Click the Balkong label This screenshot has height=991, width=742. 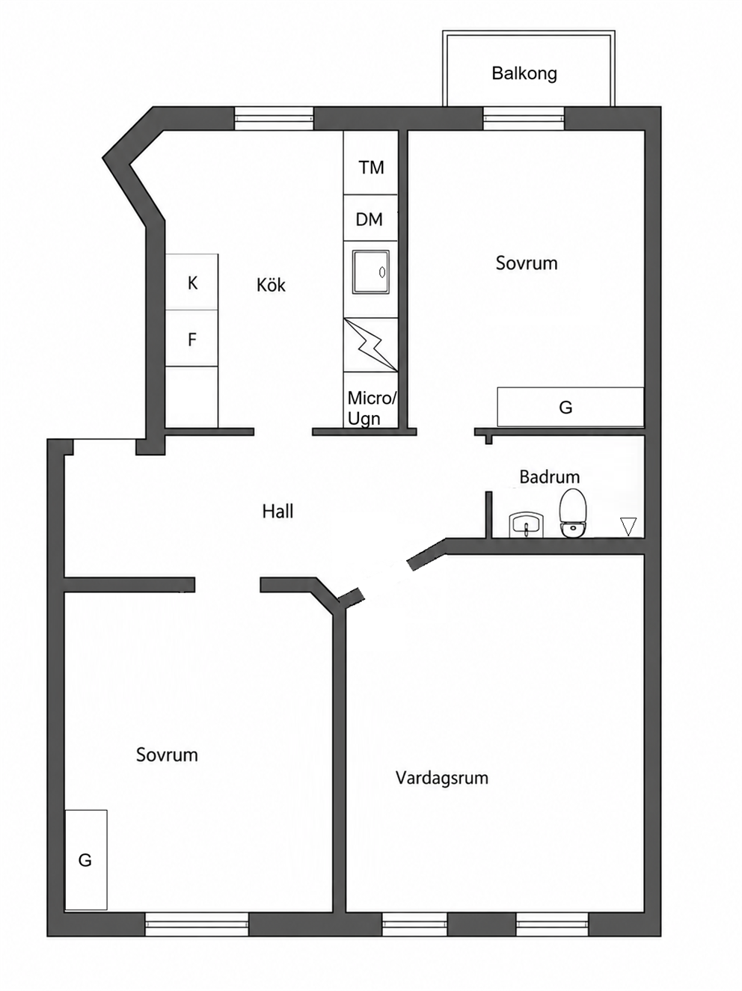(524, 73)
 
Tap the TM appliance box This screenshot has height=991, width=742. (370, 162)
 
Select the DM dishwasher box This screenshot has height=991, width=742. (370, 218)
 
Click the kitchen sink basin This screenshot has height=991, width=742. (371, 272)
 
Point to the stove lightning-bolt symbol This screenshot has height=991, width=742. (371, 346)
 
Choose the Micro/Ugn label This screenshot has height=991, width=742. (372, 408)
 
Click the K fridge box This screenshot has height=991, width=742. (191, 282)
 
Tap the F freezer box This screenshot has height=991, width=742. (191, 338)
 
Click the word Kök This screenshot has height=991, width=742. (271, 285)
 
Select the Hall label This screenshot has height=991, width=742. (278, 512)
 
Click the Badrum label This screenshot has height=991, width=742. (549, 476)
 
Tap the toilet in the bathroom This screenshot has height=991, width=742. (573, 512)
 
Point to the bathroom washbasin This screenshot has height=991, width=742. (527, 524)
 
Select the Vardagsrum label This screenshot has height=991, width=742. (442, 778)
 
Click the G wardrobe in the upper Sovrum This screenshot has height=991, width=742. (571, 406)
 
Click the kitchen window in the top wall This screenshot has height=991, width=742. (275, 118)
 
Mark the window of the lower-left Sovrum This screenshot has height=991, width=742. (197, 923)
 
